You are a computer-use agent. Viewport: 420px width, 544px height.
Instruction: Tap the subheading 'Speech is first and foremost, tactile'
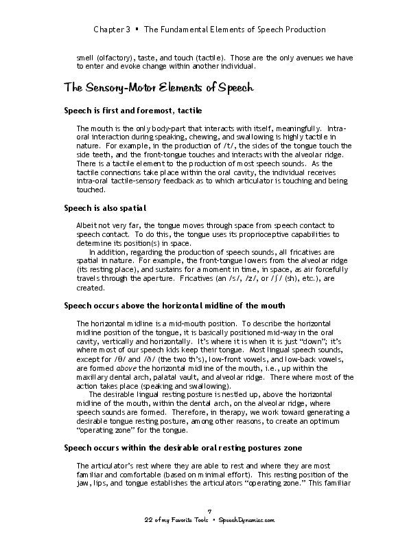coord(132,111)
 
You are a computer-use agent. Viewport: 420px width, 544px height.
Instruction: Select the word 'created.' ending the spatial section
coord(89,288)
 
